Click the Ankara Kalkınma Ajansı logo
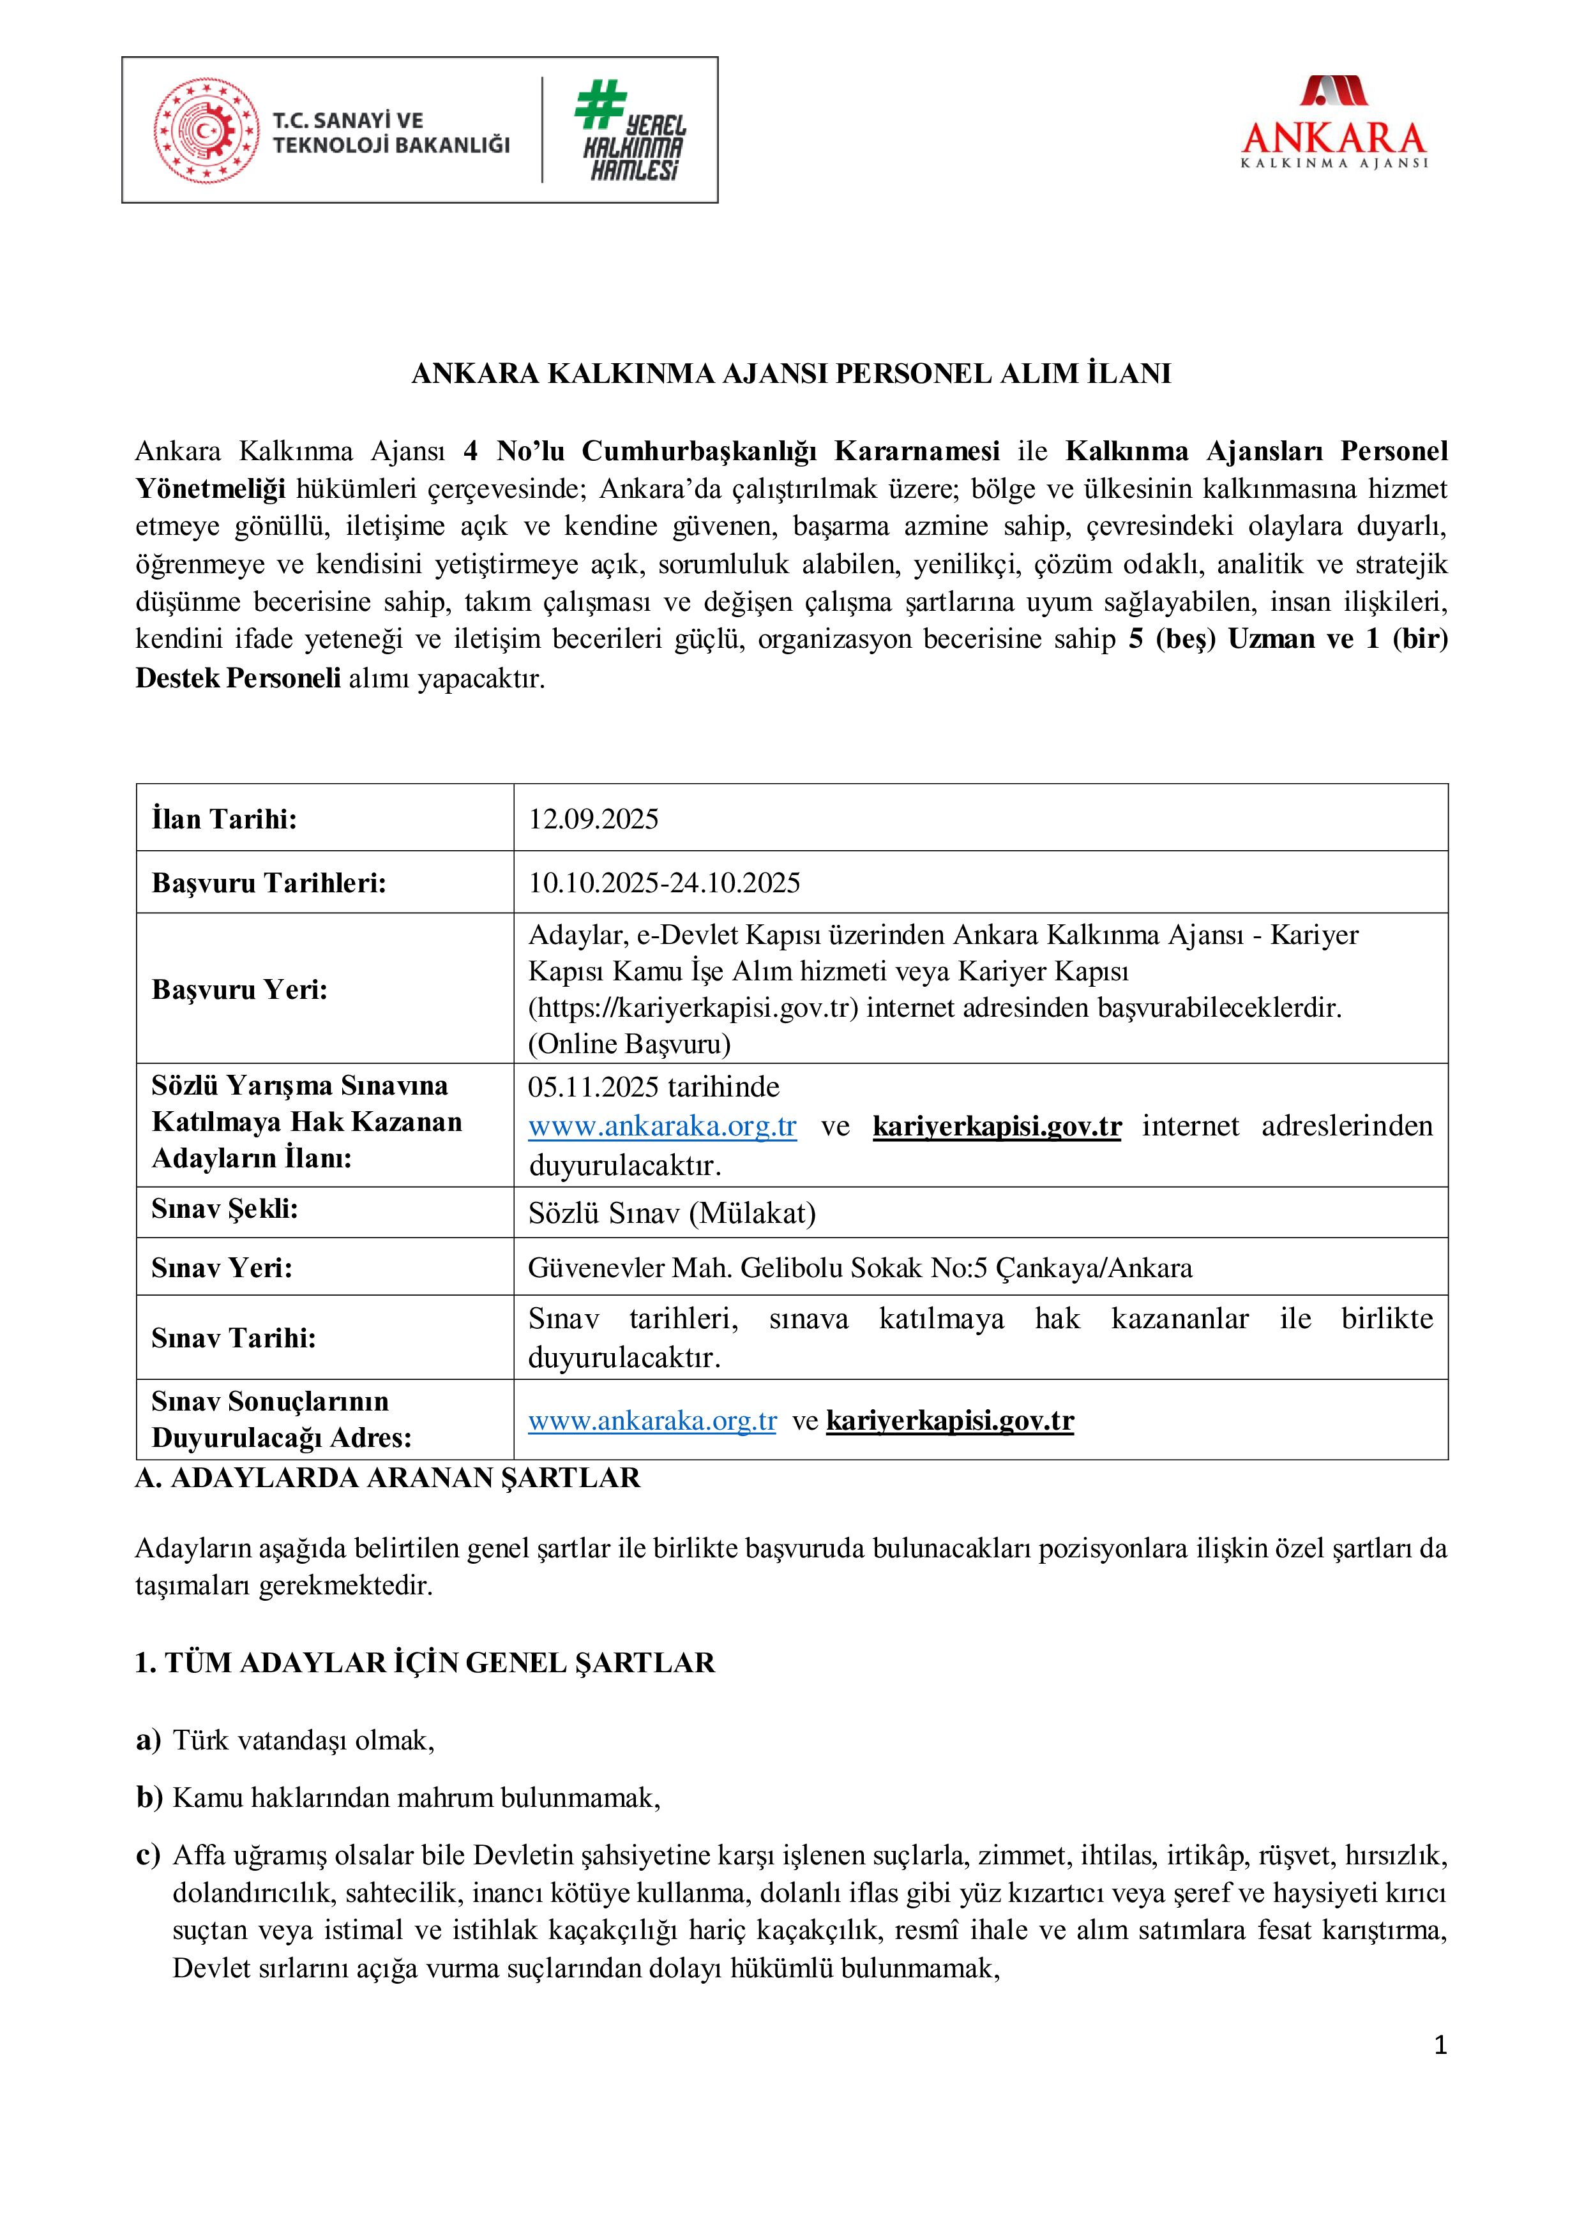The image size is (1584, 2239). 1333,125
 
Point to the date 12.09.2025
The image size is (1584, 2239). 593,819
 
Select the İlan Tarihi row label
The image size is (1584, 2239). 224,819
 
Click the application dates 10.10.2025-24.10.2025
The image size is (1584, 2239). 664,883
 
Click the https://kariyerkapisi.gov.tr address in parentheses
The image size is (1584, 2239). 693,1007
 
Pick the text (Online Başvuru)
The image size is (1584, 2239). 629,1044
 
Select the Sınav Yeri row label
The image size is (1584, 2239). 222,1268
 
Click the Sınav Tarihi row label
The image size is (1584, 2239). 233,1338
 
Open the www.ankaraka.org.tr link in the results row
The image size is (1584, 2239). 652,1421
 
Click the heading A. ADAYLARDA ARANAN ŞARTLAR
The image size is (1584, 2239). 388,1478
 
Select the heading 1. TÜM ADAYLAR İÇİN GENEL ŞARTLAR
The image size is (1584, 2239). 425,1663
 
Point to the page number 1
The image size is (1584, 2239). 1440,2046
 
